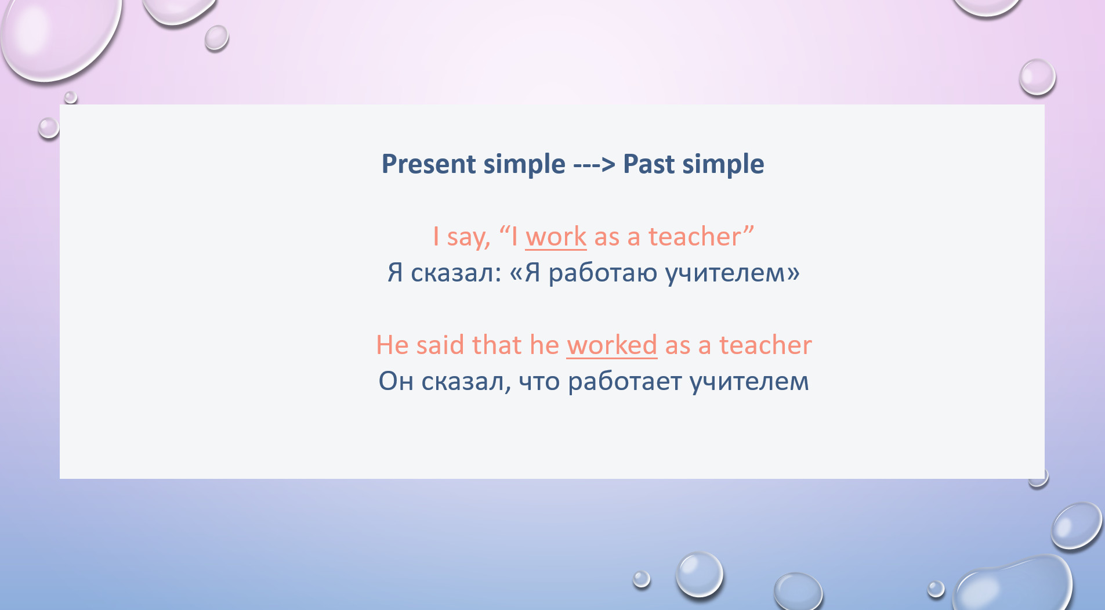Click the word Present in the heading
pos(429,164)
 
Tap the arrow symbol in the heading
pos(594,165)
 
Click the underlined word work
pos(556,237)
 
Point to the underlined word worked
pos(612,345)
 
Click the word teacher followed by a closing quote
pos(701,236)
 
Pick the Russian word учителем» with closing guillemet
pos(732,273)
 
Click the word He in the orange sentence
pos(392,345)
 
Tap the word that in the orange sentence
pos(497,345)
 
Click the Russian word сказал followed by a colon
pos(456,273)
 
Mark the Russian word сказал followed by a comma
pos(466,382)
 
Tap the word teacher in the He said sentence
pos(765,345)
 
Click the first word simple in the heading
pos(524,165)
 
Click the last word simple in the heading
pos(723,165)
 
